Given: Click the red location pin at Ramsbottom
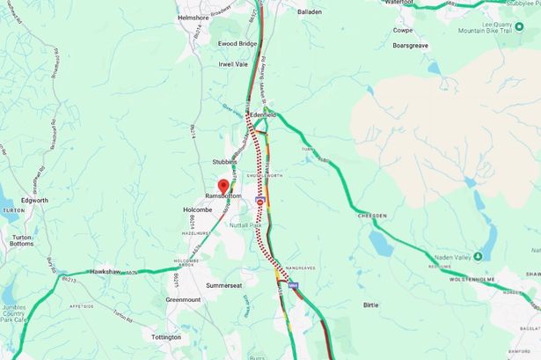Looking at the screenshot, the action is pos(222,186).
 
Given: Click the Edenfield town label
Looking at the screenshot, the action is pos(263,115).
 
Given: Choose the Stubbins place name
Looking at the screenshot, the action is pos(225,162).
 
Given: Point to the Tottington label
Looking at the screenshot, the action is pos(166,336).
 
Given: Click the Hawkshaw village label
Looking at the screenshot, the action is pos(96,272).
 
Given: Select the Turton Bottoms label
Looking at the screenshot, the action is pos(16,237).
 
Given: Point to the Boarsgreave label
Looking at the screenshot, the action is pos(410,45).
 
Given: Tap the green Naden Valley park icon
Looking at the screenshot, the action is pos(477,256).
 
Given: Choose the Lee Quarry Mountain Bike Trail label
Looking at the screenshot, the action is pos(496,33).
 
